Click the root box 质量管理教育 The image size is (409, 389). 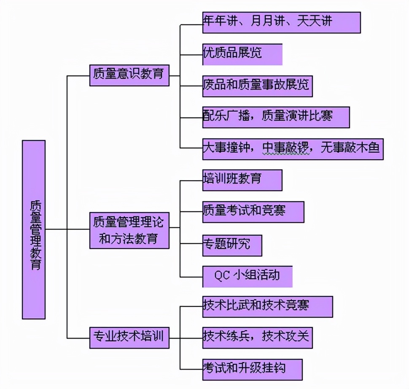tap(34, 229)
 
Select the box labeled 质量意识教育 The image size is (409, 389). tap(129, 75)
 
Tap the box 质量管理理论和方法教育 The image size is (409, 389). tap(129, 230)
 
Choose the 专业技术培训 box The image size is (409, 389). tap(129, 337)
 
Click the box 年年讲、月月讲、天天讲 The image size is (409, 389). tap(281, 22)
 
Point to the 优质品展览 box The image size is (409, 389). tap(242, 54)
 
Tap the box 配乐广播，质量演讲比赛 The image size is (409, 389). tap(276, 117)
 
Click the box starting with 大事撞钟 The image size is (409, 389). tap(293, 149)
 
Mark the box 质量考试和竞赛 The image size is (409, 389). tap(253, 212)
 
